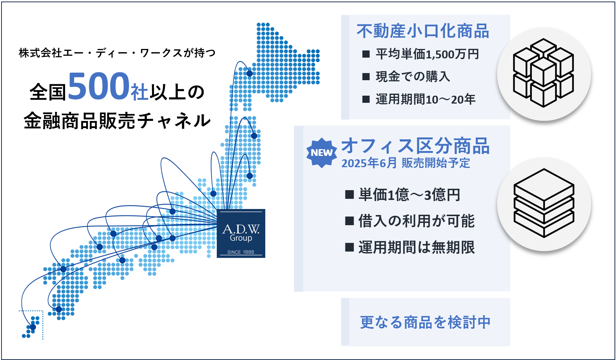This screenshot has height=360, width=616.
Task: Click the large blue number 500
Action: [99, 86]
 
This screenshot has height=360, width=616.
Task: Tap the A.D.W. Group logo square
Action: [241, 233]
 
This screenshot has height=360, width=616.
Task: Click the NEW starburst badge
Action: [321, 153]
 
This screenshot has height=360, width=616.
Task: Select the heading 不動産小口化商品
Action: [423, 31]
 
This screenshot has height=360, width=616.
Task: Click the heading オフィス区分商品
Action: [415, 146]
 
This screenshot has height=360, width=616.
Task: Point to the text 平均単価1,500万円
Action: [427, 54]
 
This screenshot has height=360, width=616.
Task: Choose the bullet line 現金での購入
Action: [413, 76]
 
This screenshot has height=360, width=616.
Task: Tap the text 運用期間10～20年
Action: [426, 99]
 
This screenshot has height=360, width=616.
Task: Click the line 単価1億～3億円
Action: [409, 195]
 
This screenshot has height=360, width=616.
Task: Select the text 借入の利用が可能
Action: [416, 221]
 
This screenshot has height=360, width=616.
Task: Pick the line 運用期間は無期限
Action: [416, 247]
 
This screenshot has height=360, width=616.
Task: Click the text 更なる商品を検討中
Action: [425, 322]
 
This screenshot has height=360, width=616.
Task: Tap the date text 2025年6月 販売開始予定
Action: [406, 163]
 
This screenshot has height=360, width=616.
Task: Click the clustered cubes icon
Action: [543, 73]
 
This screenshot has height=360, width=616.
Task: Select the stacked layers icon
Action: [544, 203]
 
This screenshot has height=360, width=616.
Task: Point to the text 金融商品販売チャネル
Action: [117, 121]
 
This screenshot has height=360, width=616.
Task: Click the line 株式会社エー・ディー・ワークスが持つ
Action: [117, 53]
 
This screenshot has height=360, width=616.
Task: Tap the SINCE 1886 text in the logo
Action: [240, 252]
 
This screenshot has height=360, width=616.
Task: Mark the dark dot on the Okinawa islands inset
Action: [33, 327]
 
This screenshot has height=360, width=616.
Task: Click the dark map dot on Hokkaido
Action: [249, 73]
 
